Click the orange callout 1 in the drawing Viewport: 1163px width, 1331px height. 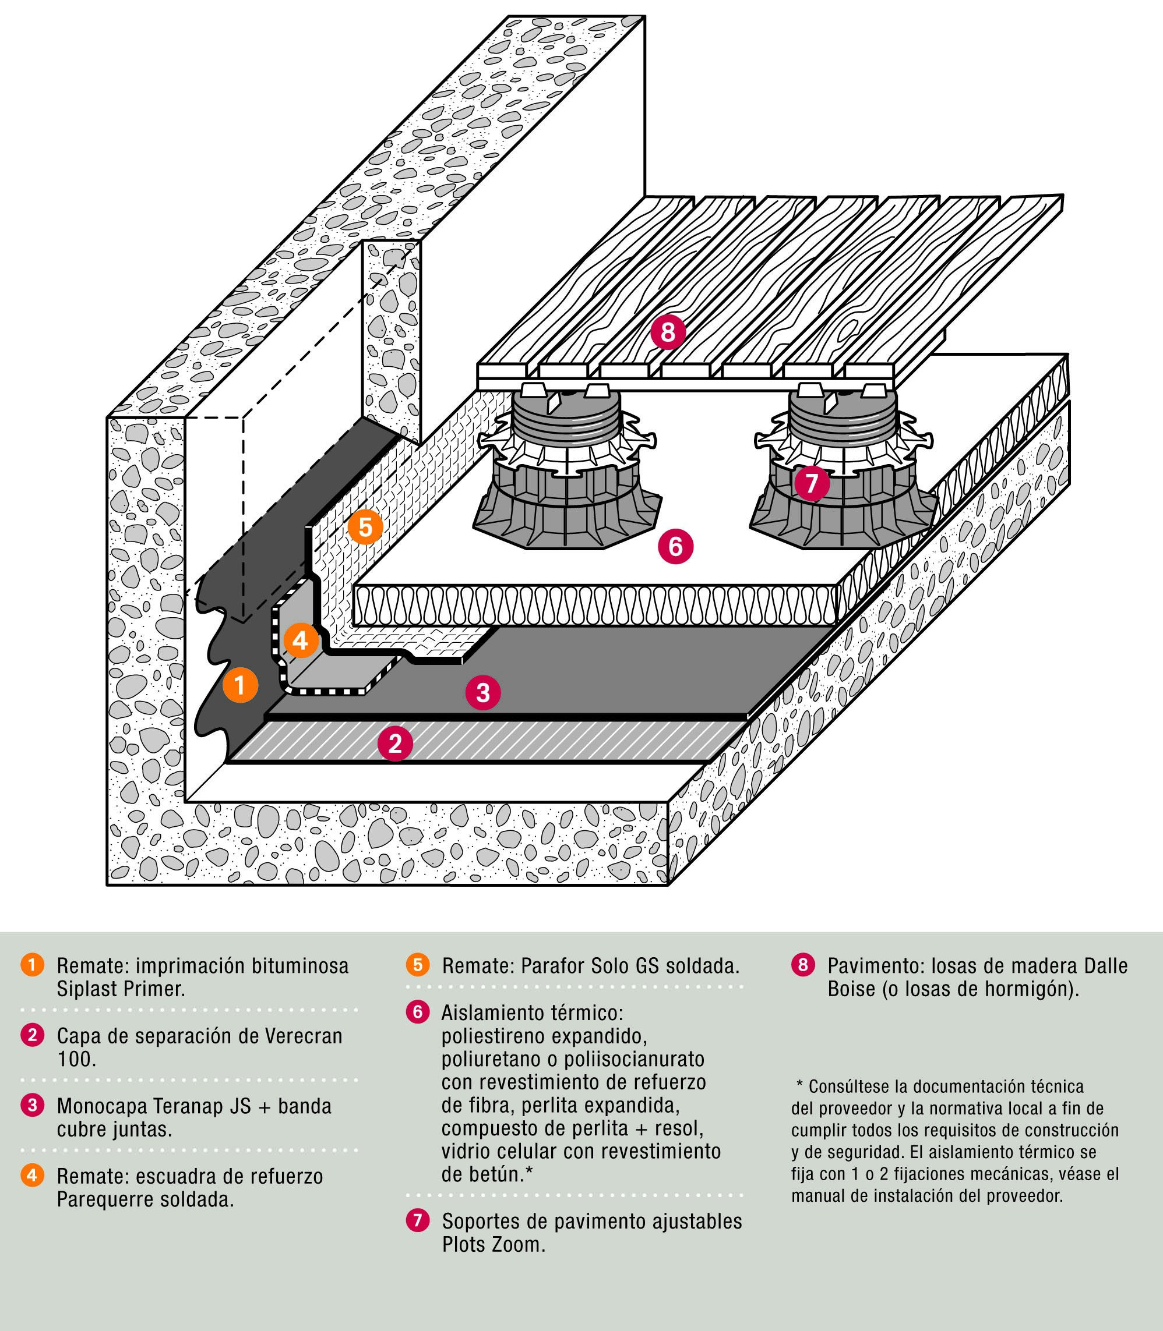point(240,685)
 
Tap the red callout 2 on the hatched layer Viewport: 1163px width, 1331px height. point(395,743)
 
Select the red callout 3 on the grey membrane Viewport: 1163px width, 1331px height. point(483,692)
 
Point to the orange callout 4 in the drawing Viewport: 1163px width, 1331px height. point(300,641)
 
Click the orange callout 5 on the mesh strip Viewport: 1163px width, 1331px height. point(365,527)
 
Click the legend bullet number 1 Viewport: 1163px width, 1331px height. point(32,965)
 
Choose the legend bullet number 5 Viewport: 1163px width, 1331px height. point(417,965)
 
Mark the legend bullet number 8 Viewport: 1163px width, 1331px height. point(803,965)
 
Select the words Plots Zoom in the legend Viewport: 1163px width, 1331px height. point(494,1245)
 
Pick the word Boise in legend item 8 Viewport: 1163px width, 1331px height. point(851,989)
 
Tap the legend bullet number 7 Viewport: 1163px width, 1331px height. point(417,1220)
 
